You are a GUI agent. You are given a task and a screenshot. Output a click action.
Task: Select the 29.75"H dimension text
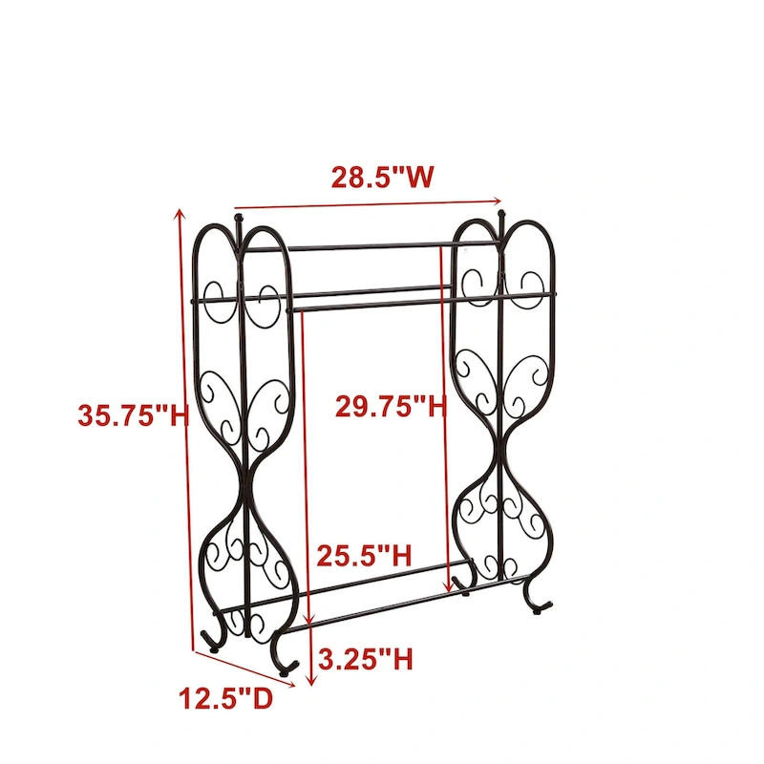click(x=391, y=407)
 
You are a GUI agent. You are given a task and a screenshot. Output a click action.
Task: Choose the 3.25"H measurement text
click(x=367, y=659)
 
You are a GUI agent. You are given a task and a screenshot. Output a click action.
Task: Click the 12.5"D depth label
click(x=225, y=698)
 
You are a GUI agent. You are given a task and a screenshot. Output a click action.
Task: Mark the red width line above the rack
click(x=368, y=203)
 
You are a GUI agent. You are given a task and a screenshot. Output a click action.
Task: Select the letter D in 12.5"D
click(x=261, y=698)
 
